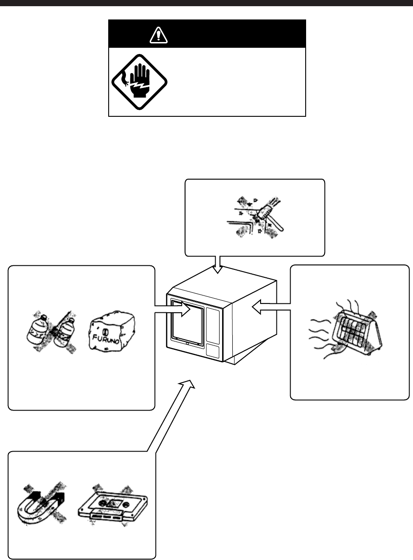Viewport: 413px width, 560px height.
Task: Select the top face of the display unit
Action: click(x=221, y=283)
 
